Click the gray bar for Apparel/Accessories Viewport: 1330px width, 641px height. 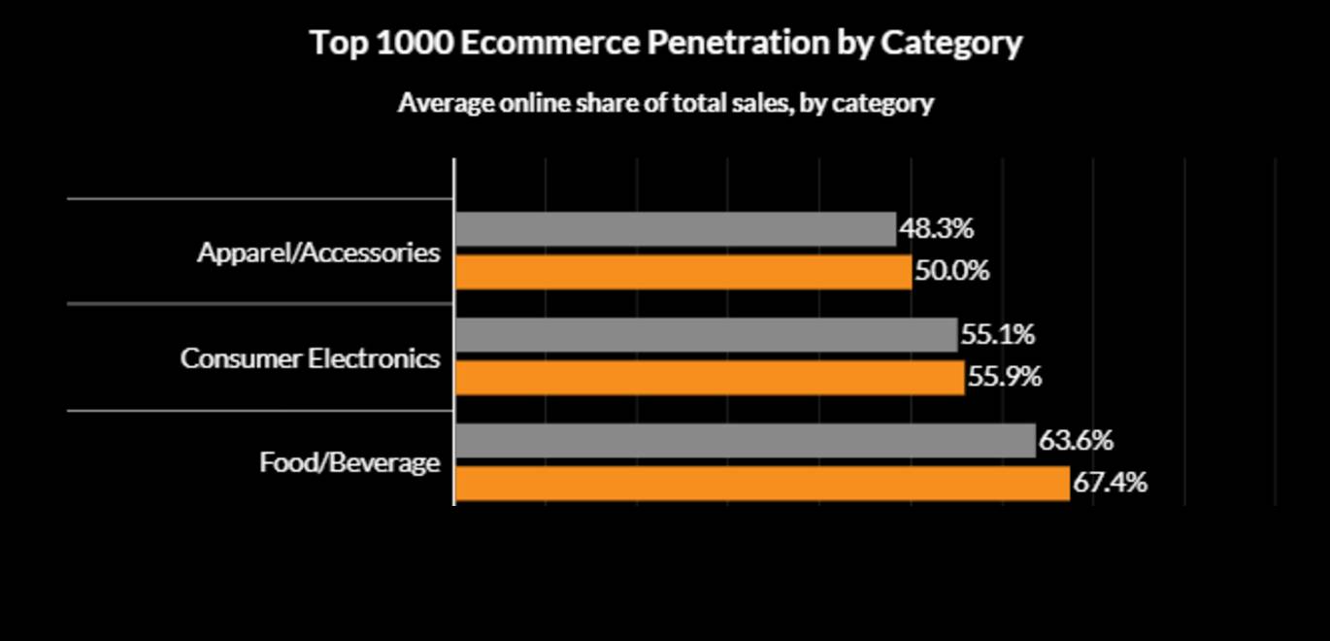coord(676,229)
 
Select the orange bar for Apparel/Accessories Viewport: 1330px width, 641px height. coord(683,272)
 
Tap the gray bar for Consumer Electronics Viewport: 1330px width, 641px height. coord(706,335)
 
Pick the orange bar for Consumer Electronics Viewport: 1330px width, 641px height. coord(710,377)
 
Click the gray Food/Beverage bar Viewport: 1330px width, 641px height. coord(746,441)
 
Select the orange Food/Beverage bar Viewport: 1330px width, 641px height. coord(762,483)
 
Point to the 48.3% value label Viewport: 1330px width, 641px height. coord(936,229)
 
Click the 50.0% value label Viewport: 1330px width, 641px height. coord(951,271)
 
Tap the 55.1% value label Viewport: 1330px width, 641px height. coord(997,335)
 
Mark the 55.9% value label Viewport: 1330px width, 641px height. coord(1004,377)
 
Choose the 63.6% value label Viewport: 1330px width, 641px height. coord(1076,441)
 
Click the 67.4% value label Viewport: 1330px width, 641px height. coord(1110,483)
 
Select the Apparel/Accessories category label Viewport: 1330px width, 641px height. coord(318,253)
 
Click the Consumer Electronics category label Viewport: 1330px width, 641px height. coord(310,358)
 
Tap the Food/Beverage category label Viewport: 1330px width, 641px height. coord(349,463)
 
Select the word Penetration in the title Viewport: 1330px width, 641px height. coord(740,44)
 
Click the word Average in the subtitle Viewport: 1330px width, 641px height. coord(444,103)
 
